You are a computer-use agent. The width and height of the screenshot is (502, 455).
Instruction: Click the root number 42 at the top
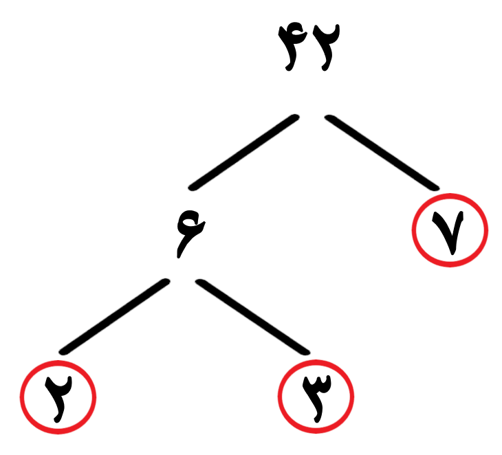309,47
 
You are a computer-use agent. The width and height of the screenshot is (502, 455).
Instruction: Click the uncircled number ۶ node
190,234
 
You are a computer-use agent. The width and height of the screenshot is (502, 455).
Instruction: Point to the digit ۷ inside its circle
448,232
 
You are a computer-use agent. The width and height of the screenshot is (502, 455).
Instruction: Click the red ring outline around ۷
413,230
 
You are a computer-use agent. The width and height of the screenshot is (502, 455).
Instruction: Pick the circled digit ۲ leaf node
58,399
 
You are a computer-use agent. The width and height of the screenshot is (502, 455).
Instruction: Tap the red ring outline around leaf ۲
20,397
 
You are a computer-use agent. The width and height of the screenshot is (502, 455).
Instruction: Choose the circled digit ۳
317,399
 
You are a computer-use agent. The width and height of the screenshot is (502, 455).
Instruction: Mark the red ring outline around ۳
279,397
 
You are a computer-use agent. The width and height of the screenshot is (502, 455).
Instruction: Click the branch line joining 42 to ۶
244,153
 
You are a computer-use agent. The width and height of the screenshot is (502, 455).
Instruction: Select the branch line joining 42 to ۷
382,153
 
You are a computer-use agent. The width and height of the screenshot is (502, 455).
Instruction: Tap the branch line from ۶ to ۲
114,317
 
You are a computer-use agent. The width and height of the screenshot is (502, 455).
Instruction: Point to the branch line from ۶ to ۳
252,317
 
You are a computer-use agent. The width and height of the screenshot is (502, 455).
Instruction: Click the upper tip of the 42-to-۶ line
296,117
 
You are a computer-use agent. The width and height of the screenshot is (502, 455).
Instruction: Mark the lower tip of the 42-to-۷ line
436,188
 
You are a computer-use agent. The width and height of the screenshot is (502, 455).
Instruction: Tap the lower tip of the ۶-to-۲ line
63,352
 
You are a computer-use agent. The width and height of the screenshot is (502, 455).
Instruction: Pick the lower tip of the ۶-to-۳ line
307,353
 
